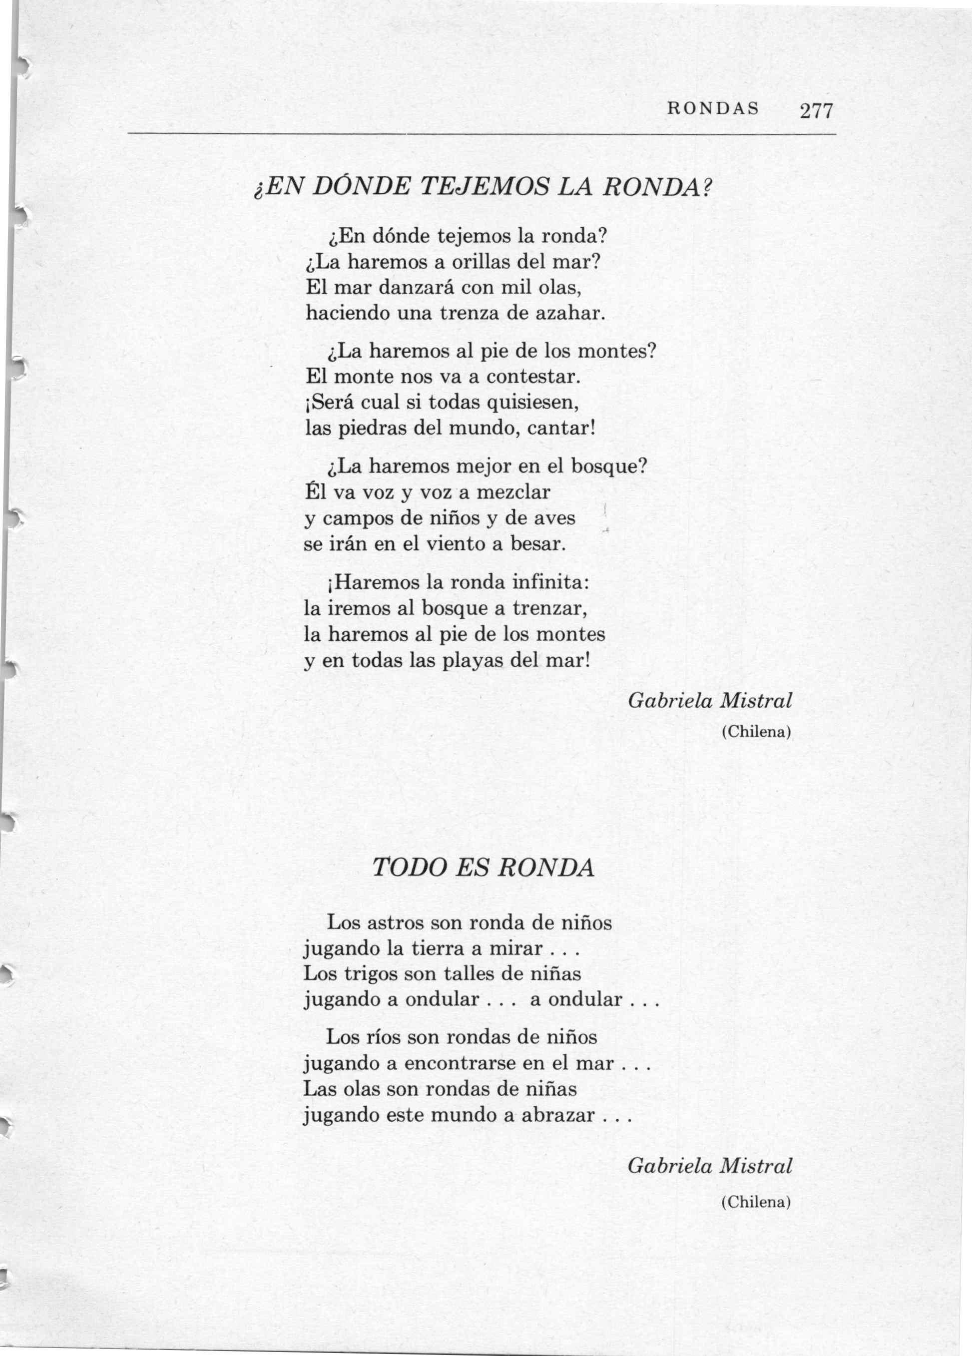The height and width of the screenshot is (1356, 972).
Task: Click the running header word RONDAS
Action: (713, 109)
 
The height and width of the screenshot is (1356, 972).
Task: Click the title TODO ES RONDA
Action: (484, 868)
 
